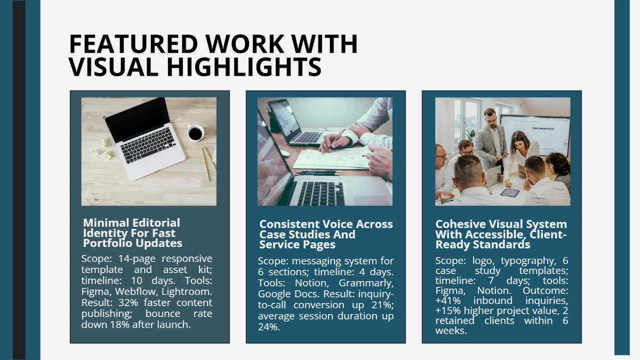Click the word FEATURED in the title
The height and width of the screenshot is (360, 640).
[x=133, y=44]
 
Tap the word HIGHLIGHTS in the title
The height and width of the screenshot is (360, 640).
[x=244, y=67]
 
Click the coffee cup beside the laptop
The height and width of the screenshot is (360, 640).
[x=195, y=133]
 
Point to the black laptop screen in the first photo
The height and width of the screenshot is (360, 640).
[x=138, y=119]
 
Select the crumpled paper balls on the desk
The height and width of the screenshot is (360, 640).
[x=102, y=149]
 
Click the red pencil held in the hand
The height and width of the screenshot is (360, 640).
[x=334, y=141]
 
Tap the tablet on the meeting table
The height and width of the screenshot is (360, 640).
[x=510, y=193]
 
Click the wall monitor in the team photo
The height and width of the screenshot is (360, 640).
[x=535, y=135]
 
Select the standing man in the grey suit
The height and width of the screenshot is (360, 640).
[x=493, y=140]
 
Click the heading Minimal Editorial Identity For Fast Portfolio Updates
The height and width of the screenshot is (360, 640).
[x=133, y=233]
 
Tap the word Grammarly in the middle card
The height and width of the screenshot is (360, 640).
[x=366, y=283]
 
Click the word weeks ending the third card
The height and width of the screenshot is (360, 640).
[x=451, y=331]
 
